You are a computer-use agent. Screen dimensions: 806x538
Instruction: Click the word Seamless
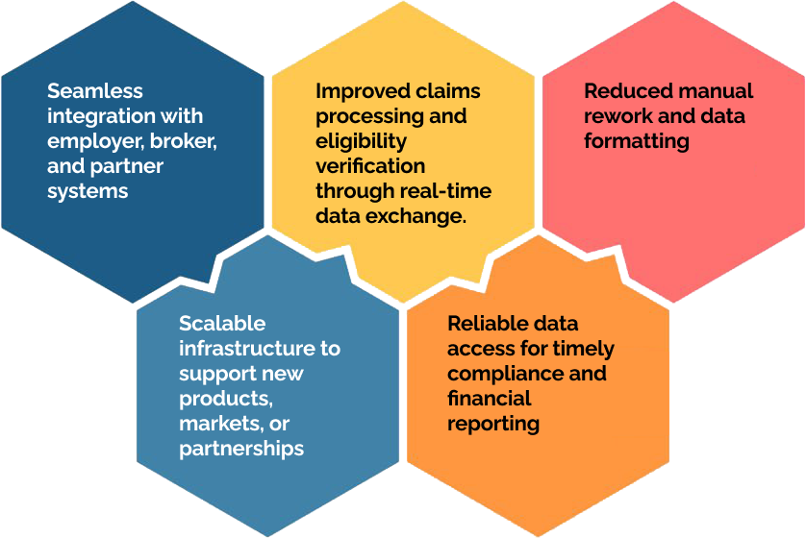(95, 91)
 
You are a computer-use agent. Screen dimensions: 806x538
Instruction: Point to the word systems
(88, 191)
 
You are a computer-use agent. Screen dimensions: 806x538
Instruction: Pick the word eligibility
(361, 141)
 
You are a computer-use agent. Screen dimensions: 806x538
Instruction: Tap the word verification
(370, 166)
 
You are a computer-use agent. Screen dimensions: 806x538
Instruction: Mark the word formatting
(637, 141)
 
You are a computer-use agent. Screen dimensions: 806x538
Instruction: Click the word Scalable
(222, 324)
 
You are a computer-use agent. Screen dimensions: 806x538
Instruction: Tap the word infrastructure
(246, 349)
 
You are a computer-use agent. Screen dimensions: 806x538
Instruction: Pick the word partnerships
(241, 450)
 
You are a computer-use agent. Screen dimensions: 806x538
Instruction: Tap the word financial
(490, 399)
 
